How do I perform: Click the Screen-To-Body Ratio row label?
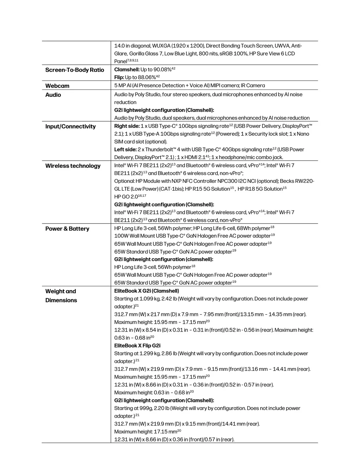74,70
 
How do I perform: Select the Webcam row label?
57,86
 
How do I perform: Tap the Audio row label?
53,95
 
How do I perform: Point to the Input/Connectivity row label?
70,126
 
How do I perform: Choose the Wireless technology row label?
73,166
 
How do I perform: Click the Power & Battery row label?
67,229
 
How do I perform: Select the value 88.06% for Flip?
147,78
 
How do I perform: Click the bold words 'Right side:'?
127,126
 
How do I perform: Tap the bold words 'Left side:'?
125,150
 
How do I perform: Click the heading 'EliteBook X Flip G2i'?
137,346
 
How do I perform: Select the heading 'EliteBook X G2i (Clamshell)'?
147,291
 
